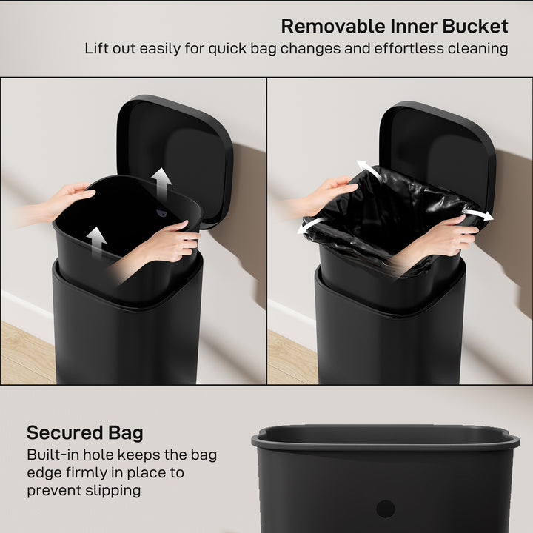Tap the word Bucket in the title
point(475,27)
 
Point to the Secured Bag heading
point(85,433)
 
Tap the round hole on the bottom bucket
point(385,509)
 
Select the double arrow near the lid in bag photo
point(369,170)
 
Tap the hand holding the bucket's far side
point(70,198)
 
